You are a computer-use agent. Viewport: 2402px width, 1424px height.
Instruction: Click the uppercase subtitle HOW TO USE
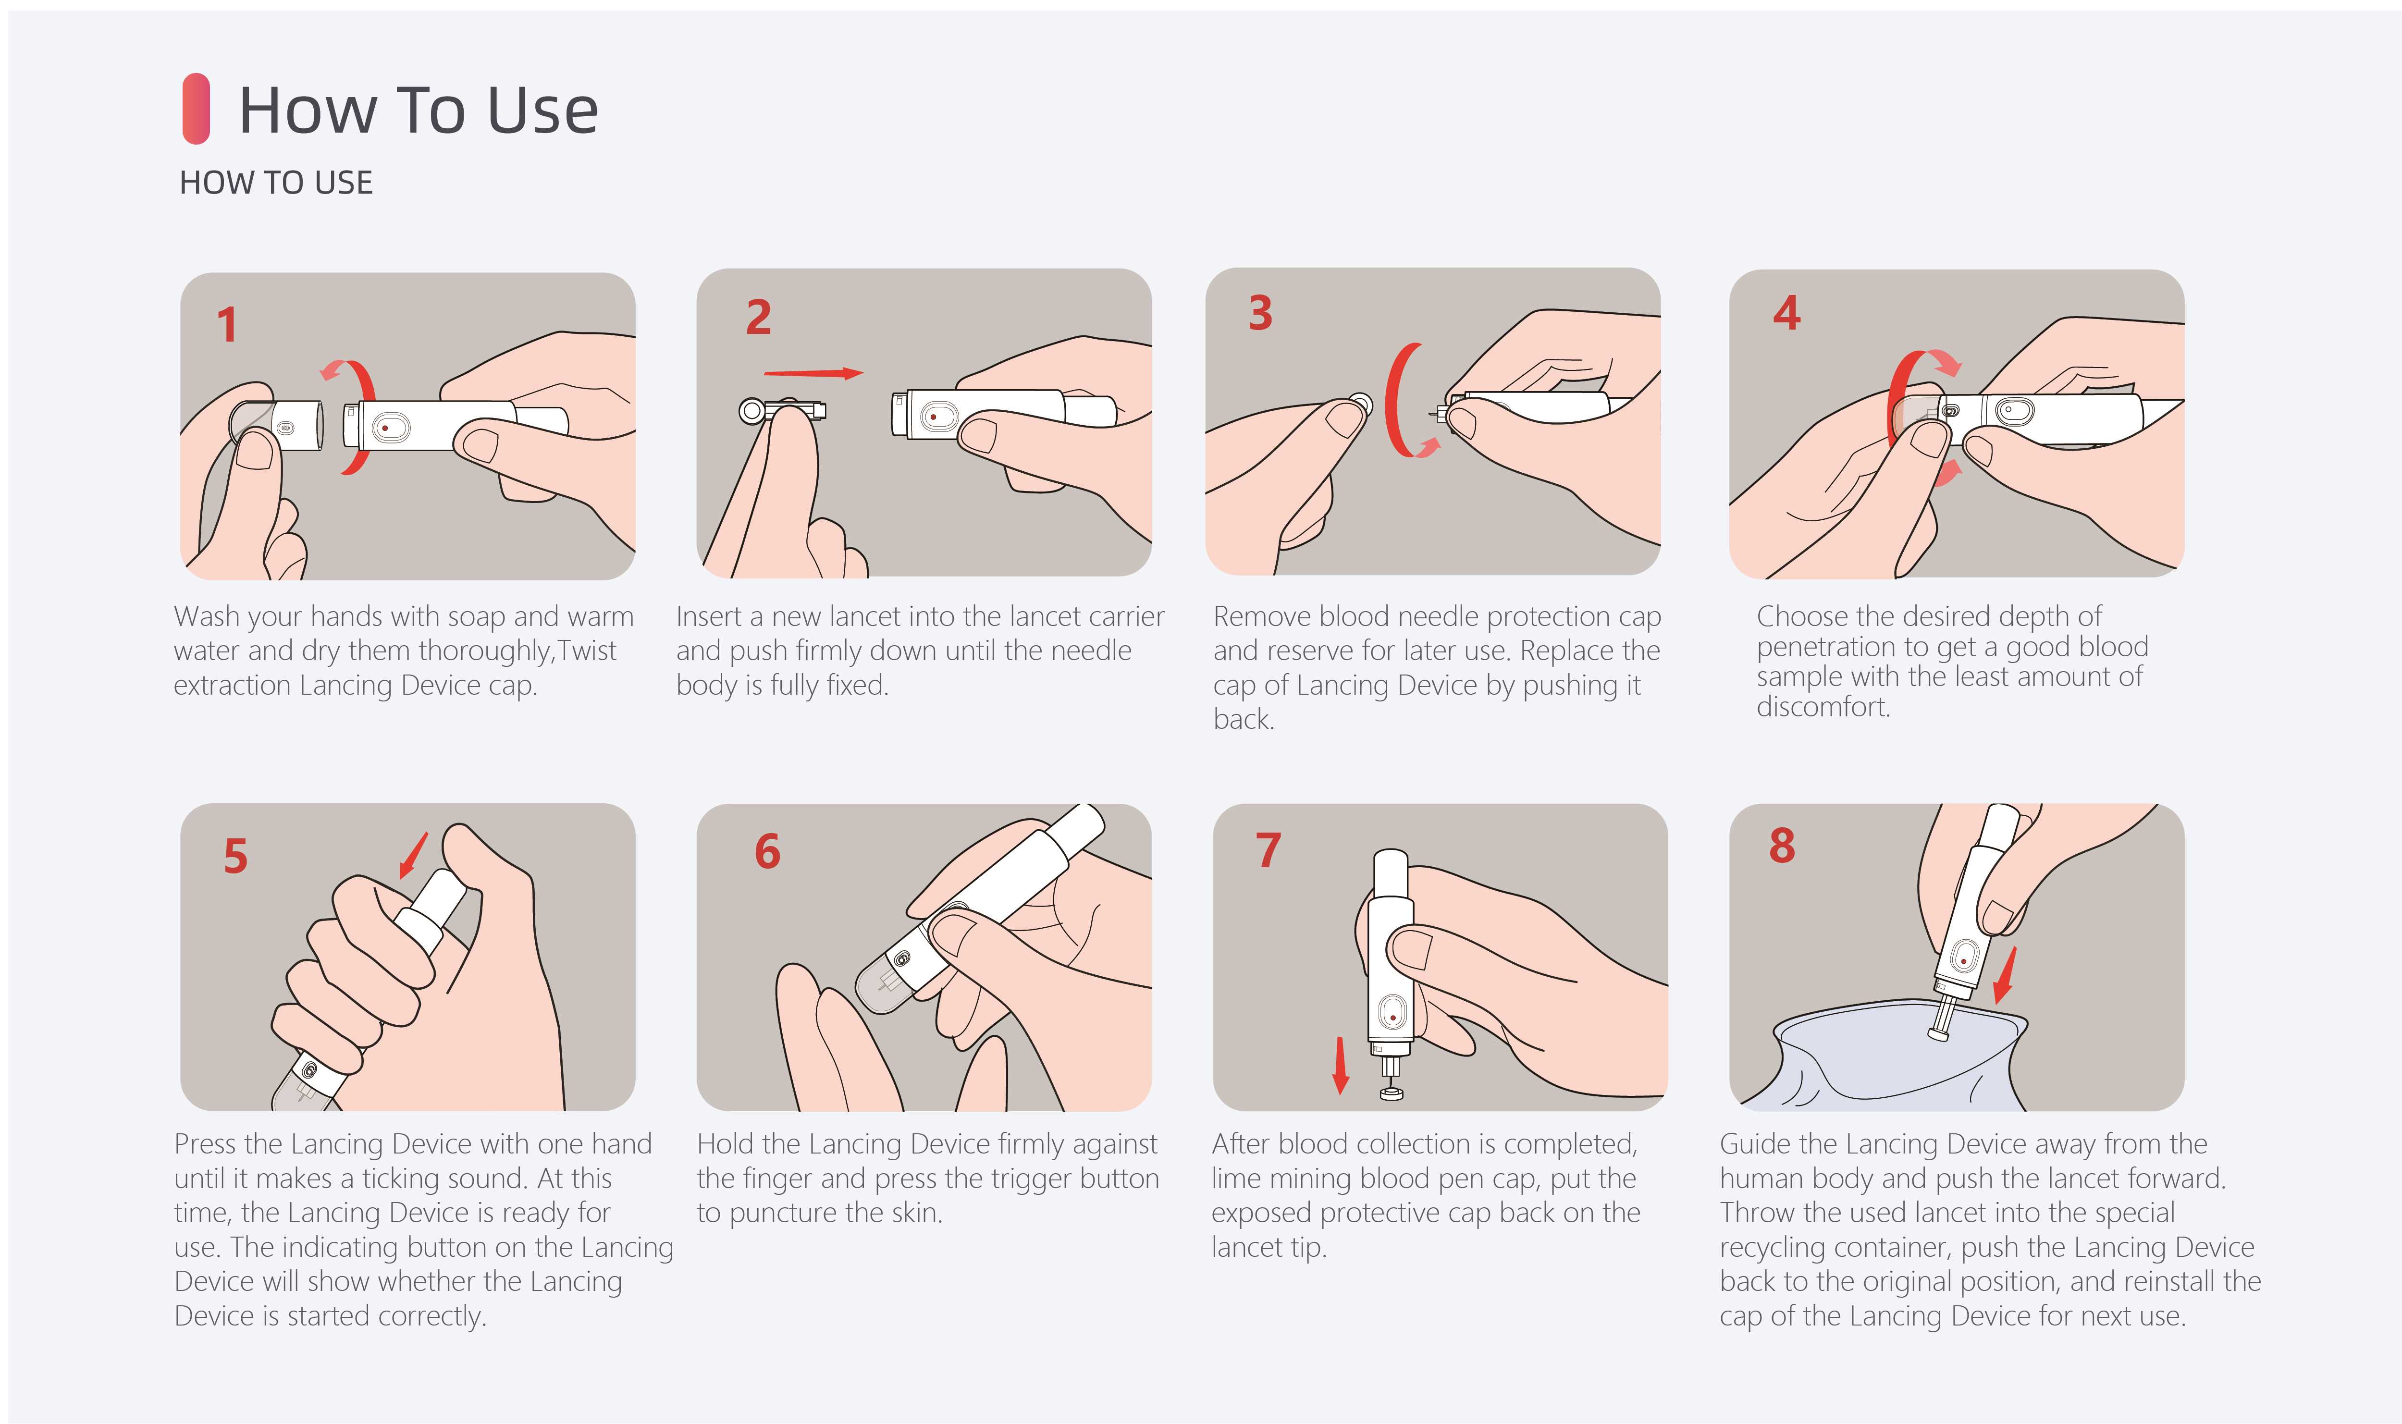276,182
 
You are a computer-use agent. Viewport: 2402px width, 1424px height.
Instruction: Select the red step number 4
1786,313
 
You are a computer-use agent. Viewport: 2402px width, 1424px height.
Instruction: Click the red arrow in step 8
2005,975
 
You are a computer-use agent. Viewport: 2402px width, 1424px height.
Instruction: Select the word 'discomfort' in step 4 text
1822,707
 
